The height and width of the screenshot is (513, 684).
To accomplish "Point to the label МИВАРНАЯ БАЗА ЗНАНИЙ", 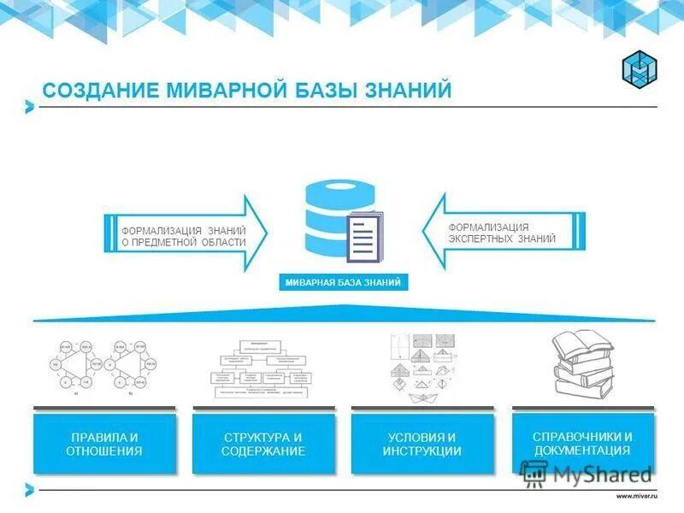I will coord(342,281).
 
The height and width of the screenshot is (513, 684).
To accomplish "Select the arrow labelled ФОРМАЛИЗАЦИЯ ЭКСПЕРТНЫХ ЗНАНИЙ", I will coord(504,233).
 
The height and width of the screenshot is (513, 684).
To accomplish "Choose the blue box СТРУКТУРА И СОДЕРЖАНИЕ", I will coord(262,444).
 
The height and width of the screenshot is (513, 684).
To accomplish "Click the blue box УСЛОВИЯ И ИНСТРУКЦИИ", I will coord(422,444).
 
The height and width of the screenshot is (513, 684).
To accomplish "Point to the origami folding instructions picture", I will coord(422,366).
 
